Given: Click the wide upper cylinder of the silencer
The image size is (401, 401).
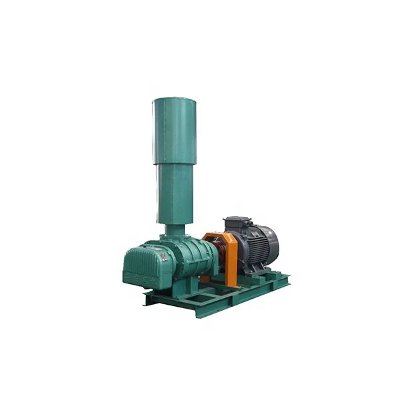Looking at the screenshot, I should point(174,130).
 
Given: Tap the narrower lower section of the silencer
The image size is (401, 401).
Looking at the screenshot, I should point(174,194).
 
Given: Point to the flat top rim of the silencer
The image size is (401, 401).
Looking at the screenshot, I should point(174,100).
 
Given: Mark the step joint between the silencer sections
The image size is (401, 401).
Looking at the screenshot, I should point(174,163).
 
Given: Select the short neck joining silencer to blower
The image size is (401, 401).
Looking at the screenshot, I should point(176,230).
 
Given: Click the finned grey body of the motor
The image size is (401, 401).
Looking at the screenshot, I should point(251,247).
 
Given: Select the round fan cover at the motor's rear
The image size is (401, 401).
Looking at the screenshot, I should point(269,242).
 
